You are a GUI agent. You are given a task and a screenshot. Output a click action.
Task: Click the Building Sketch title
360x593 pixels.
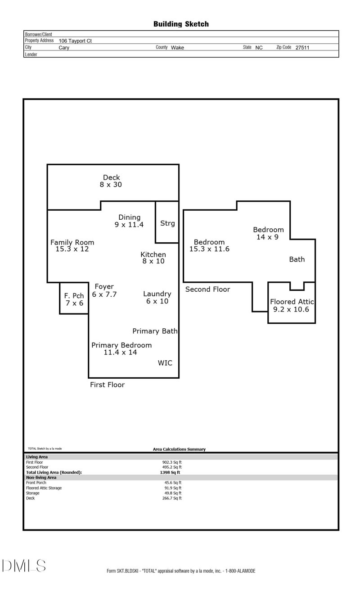181,24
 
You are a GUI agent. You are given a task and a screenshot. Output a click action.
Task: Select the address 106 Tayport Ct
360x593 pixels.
75,41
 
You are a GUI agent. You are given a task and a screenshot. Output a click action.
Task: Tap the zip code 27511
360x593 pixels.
302,47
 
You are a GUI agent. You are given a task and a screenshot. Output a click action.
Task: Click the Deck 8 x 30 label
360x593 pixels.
111,181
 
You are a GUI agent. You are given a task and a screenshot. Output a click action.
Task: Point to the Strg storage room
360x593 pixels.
167,223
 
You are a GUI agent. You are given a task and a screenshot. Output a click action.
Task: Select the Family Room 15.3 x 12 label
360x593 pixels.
72,245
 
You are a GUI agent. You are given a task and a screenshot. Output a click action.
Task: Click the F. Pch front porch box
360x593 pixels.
74,299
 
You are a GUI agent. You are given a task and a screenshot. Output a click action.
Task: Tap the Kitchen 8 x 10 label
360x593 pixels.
153,258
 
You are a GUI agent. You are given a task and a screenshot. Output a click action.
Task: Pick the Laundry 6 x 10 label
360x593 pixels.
157,297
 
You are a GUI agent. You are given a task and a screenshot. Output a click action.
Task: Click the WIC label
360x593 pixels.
165,363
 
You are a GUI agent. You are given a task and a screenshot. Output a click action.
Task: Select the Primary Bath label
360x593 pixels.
155,331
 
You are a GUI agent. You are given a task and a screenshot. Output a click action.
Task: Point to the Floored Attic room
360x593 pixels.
292,305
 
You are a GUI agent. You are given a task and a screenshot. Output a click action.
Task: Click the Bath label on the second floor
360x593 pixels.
297,259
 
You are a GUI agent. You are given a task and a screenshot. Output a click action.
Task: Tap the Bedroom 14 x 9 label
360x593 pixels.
268,233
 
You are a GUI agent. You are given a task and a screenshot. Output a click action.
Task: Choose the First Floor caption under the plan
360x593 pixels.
107,385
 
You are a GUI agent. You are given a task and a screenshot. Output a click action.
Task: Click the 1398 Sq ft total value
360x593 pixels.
170,472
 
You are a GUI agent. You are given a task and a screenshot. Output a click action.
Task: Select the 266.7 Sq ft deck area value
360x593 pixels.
172,498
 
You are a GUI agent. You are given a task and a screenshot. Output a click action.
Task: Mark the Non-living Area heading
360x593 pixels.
41,477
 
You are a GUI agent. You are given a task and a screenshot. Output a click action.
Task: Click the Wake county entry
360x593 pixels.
177,47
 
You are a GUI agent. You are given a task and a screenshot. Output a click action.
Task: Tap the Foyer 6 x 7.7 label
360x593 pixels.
104,290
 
